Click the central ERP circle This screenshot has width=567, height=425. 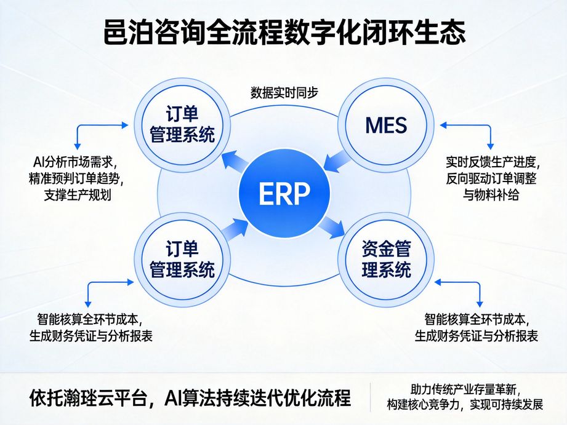pos(283,194)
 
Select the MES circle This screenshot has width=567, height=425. pos(386,125)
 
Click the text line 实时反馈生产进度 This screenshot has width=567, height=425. pos(493,163)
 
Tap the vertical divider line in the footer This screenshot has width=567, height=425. pos(371,397)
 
